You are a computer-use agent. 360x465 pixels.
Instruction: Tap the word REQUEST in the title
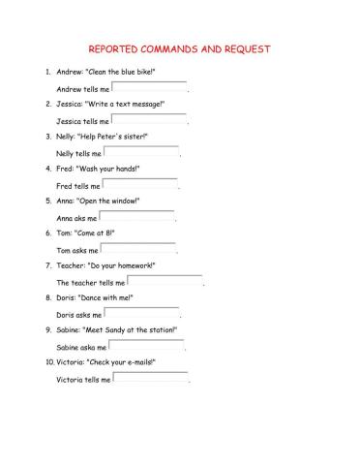pyautogui.click(x=246, y=48)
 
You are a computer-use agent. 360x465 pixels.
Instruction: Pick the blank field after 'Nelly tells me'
pyautogui.click(x=141, y=152)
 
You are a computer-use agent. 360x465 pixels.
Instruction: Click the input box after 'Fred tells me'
pyautogui.click(x=140, y=184)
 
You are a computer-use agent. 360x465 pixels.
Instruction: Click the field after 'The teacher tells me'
pyautogui.click(x=165, y=281)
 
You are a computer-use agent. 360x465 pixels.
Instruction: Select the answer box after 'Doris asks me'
pyautogui.click(x=141, y=313)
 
